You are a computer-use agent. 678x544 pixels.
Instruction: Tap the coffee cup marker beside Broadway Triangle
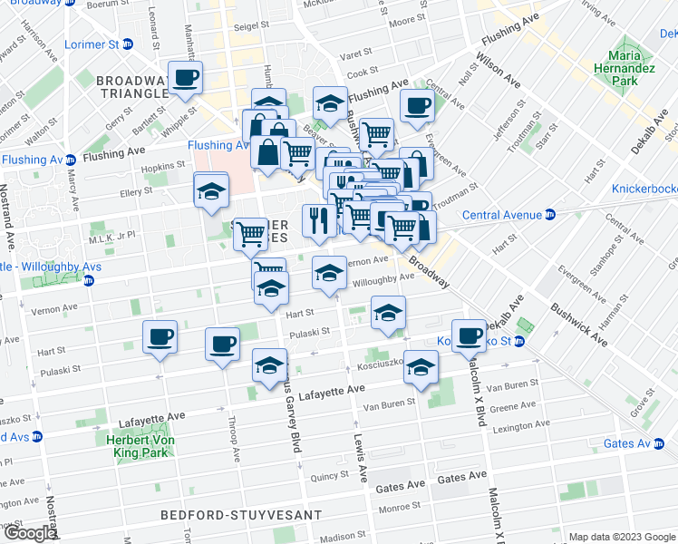[187, 78]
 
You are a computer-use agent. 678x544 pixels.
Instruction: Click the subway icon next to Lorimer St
[128, 44]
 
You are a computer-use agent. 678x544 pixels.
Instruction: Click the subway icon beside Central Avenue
[549, 215]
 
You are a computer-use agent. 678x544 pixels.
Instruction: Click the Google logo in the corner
[29, 533]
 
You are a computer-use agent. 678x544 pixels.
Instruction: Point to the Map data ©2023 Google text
[621, 537]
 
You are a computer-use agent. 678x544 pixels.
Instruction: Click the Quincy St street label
[324, 475]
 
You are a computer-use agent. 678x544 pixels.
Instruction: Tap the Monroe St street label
[396, 508]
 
